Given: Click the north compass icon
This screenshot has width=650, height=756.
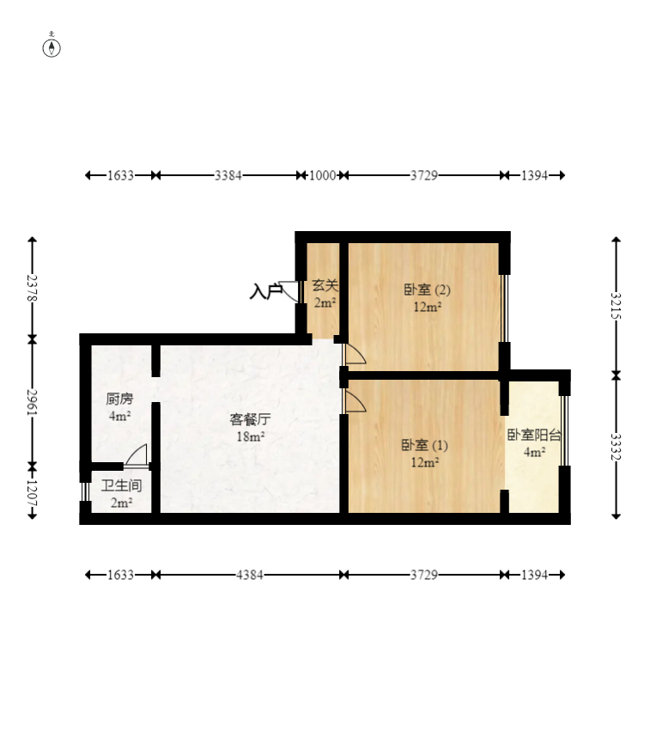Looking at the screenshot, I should pos(52,46).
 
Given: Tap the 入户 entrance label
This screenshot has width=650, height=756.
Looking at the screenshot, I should pos(265,292).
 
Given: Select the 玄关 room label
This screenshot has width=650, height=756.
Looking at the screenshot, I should pos(325,285).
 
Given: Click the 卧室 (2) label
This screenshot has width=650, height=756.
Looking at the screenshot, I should pos(427,290).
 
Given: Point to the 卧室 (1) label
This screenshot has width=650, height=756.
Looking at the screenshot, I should pos(424,445).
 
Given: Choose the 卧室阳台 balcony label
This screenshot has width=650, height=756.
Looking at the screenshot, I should pos(534,436).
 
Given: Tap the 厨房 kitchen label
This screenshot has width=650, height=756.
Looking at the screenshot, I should pos(119,399).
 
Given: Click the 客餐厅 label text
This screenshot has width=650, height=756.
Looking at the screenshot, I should pos(250,419).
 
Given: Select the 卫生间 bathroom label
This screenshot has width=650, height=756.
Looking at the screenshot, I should pos(121,485).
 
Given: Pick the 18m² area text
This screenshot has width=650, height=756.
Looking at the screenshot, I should pos(250,436).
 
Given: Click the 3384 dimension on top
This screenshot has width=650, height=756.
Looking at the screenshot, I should pos(228,175).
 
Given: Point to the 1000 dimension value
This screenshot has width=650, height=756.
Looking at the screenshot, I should pos(322,175).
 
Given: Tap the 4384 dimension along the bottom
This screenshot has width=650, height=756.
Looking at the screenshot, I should pos(250,575).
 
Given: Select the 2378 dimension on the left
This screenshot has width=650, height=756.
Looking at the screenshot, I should pos(33,287).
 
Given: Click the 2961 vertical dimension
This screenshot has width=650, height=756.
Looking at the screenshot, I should pos(33,402).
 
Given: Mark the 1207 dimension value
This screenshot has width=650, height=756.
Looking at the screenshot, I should pos(33,491).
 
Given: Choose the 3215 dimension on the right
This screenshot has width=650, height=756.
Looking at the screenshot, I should pos(616,306).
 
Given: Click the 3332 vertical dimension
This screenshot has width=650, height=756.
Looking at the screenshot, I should pos(616,447).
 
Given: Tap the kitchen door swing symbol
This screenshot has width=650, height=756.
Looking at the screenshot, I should pos(137,456).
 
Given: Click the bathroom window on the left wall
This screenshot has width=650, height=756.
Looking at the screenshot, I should pos(85,491).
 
